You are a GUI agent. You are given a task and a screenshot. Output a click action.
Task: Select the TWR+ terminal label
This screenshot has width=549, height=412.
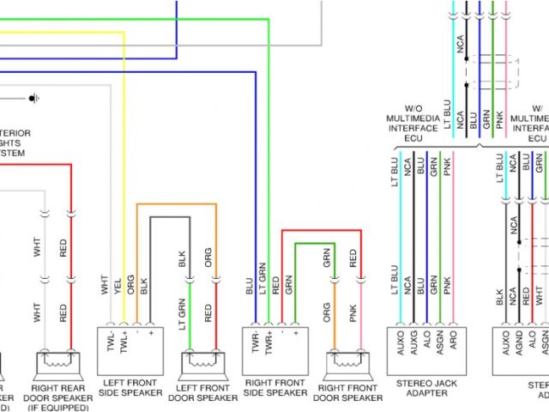point(268,342)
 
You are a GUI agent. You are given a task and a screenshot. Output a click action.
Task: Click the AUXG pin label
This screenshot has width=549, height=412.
point(407,344)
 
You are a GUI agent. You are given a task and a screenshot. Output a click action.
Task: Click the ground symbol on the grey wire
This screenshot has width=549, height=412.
point(33,98)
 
